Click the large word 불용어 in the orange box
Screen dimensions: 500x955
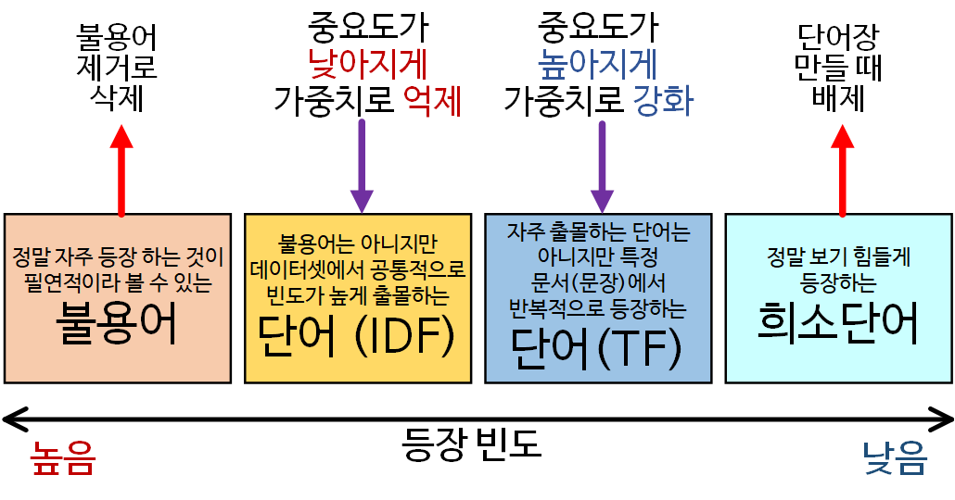[x=117, y=326]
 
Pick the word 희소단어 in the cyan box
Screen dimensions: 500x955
[x=838, y=324]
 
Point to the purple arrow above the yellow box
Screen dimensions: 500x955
[x=362, y=167]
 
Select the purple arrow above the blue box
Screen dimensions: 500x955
[x=603, y=167]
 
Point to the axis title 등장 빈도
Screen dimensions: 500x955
[x=472, y=445]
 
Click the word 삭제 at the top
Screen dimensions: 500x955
[x=118, y=97]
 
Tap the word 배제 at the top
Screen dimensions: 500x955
[x=838, y=97]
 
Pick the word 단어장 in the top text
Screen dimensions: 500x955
[x=838, y=37]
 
